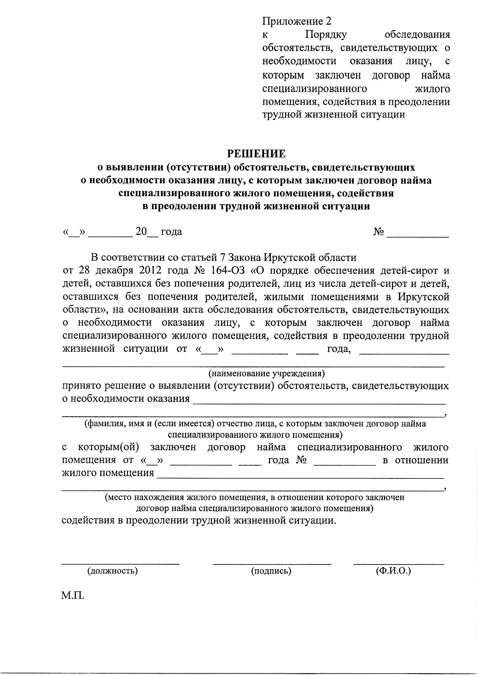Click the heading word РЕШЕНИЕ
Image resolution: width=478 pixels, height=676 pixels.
pos(257,153)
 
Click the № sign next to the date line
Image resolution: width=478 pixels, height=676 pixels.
pos(378,231)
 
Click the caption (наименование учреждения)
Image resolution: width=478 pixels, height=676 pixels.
pos(266,374)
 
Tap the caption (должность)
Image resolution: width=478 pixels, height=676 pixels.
pos(113,570)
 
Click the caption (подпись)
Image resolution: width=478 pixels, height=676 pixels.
pos(271,570)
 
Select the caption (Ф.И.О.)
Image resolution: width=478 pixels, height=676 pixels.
pos(393,570)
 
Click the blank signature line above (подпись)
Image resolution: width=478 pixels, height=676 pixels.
pos(272,563)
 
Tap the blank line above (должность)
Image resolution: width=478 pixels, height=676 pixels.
pos(120,563)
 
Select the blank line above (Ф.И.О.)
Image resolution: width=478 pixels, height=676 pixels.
pos(398,563)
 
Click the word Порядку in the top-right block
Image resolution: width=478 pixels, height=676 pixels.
pos(326,35)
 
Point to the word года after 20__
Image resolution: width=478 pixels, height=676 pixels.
pos(171,231)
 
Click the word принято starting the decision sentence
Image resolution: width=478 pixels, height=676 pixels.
pos(82,386)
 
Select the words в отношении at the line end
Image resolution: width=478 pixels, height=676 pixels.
pos(415,460)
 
